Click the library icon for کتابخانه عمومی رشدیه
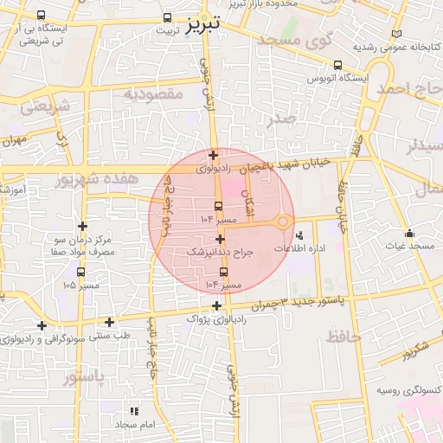coord(396,33)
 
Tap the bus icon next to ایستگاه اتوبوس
coord(337,65)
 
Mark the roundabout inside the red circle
coord(283,222)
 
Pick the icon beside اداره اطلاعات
coord(299,234)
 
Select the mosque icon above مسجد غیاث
coord(409,233)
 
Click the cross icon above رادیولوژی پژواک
coord(215,305)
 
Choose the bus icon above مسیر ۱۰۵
coord(82,271)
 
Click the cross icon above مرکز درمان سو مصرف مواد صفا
coord(82,225)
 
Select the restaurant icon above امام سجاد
coord(134,411)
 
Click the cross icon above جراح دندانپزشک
coord(221,239)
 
